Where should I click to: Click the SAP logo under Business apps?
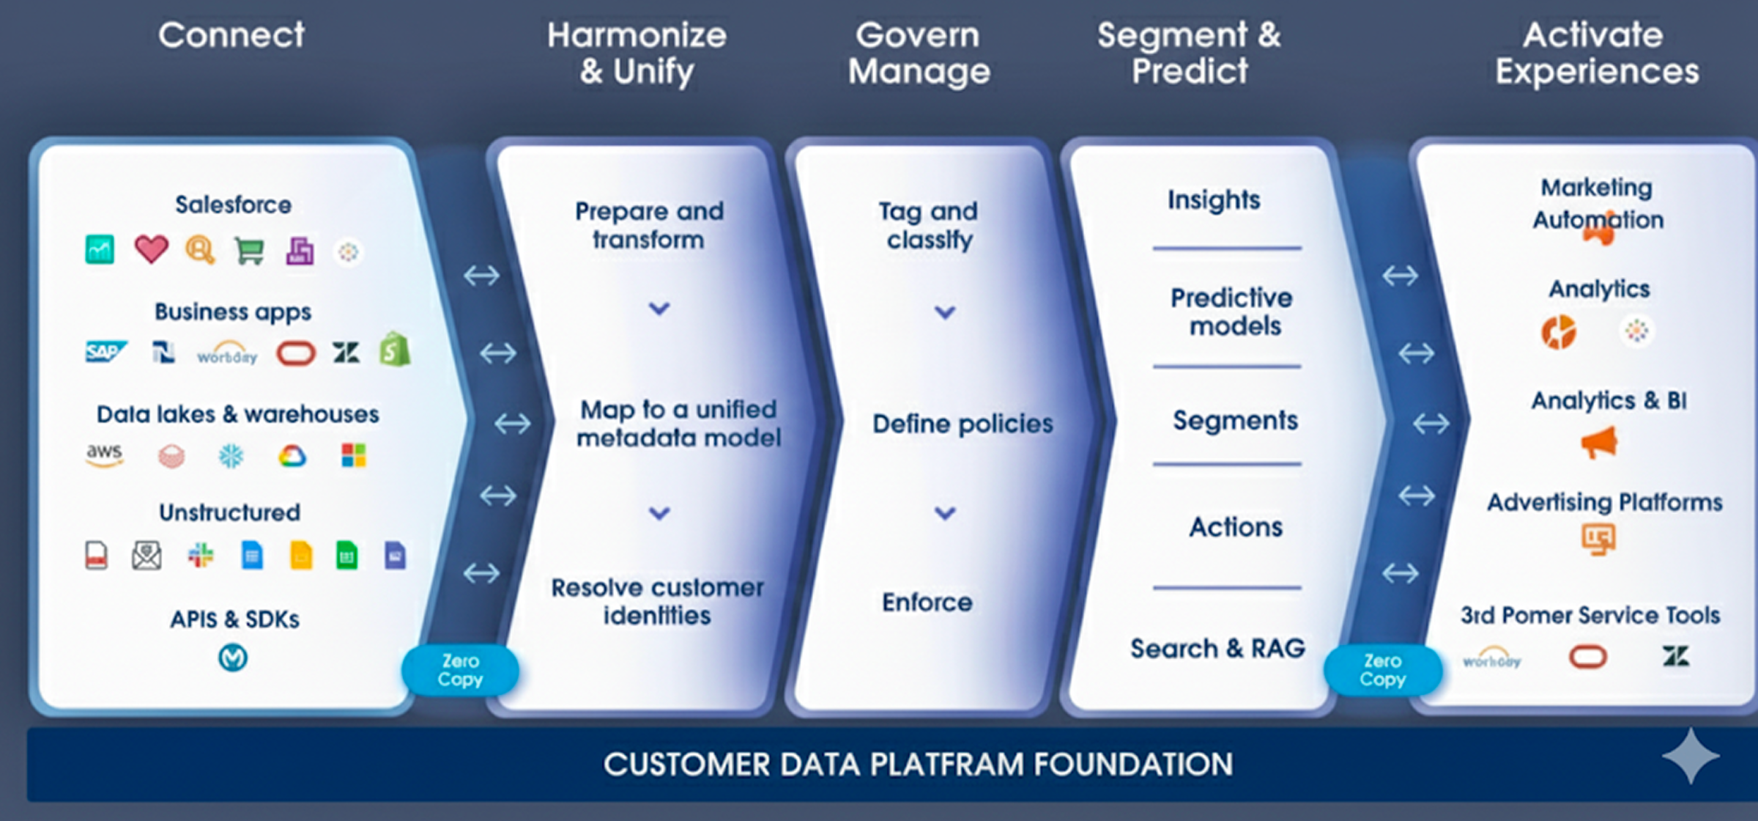105,353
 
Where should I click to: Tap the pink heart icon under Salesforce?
151,250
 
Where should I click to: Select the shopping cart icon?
249,251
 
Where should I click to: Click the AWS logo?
104,455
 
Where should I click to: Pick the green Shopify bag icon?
395,350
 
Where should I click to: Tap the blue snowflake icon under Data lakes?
231,456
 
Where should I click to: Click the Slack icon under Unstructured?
200,555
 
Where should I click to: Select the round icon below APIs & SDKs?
233,658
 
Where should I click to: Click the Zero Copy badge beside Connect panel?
460,670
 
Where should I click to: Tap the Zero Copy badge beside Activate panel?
1382,670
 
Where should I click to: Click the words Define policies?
963,424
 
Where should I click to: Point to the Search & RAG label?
1217,648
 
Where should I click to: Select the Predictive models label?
1233,312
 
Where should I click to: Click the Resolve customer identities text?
657,601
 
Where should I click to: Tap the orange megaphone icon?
1599,443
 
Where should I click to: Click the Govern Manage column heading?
919,53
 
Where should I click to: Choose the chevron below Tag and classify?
945,312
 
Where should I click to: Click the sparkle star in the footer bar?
1691,756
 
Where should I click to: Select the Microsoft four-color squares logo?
354,455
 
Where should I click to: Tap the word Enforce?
927,602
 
